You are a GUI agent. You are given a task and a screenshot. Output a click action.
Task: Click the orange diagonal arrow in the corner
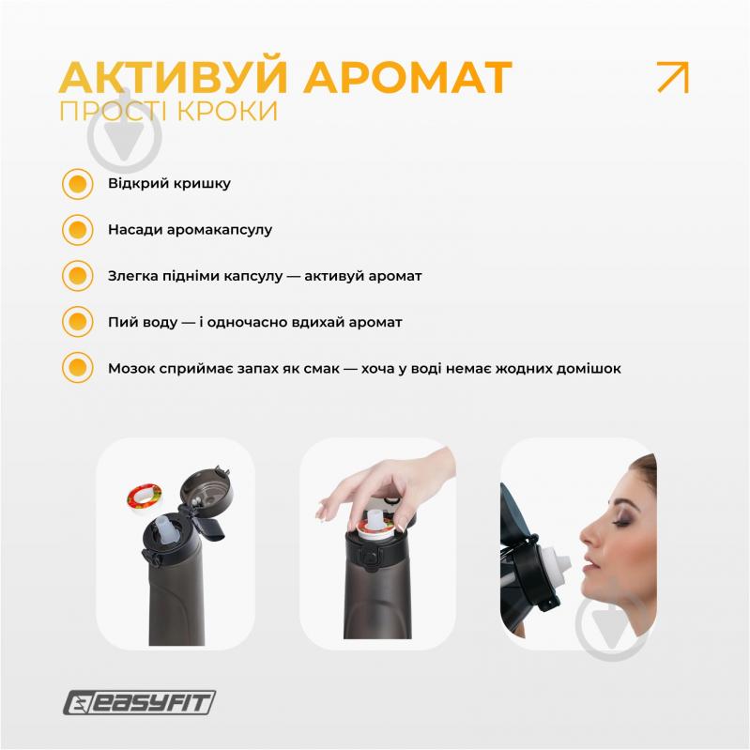click(x=672, y=77)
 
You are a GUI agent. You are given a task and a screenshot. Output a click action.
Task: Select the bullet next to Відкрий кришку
click(x=77, y=183)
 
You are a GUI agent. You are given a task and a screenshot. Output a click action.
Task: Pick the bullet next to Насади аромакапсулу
click(x=77, y=229)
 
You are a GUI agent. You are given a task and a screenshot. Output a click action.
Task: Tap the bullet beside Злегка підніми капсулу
click(x=77, y=276)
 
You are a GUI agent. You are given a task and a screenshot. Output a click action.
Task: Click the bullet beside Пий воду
click(x=77, y=322)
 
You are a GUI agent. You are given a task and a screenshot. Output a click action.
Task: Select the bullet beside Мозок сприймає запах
click(x=77, y=368)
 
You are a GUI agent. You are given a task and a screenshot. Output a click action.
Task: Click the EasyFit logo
click(x=141, y=701)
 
